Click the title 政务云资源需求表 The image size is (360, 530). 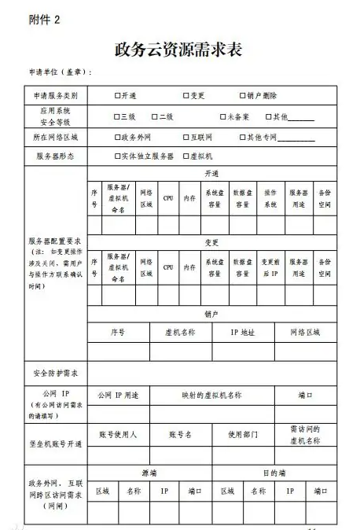(180, 50)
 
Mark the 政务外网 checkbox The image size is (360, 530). (117, 136)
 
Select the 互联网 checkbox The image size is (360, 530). (184, 136)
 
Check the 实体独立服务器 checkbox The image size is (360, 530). (117, 156)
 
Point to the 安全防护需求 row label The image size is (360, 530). (57, 372)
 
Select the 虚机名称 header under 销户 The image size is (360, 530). (179, 332)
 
